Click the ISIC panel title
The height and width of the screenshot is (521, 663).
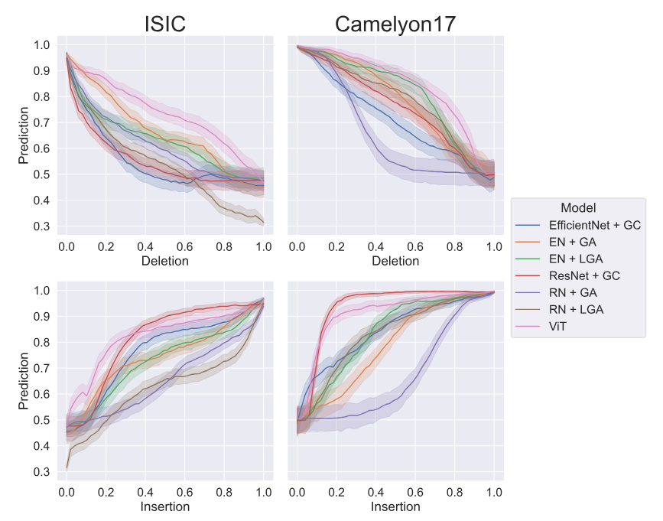pos(165,24)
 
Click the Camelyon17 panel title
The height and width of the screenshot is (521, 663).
pos(395,24)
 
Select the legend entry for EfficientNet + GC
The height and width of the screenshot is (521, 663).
pos(594,226)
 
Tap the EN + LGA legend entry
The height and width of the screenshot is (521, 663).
pos(574,261)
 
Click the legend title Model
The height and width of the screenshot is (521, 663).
pos(578,207)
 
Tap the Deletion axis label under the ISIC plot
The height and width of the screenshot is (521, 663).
pos(165,261)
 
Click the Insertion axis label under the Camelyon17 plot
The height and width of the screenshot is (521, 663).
pos(395,506)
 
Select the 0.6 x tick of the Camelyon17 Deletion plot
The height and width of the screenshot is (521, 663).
pos(415,246)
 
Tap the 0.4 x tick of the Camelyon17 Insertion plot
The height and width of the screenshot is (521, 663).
pos(376,491)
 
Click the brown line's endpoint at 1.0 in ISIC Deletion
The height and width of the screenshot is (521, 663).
pos(264,223)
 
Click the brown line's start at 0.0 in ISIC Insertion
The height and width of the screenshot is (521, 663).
pos(67,467)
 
